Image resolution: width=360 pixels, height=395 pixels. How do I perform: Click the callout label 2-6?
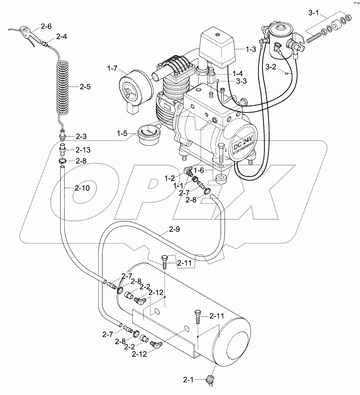point(46,26)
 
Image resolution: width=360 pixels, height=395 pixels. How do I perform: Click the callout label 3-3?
point(241,81)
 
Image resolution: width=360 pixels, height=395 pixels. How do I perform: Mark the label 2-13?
point(83,150)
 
